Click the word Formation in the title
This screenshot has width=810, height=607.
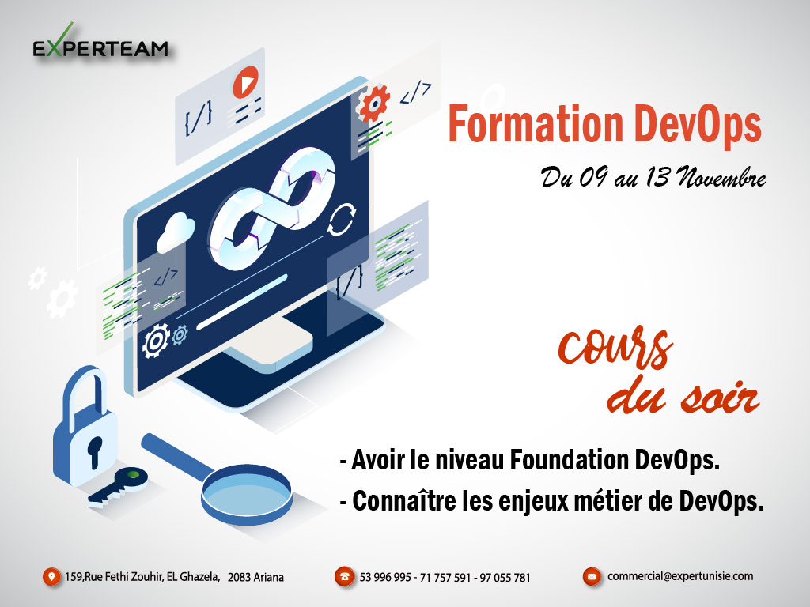coord(536,124)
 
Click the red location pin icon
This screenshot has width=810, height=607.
coord(51,576)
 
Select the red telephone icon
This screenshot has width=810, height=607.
coord(344,576)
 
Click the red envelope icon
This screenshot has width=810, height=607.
coord(592,576)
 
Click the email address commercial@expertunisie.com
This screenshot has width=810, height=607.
coord(679,576)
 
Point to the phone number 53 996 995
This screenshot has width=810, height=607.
coord(385,577)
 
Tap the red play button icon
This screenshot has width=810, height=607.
coord(245,82)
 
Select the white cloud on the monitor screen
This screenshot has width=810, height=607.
coord(176,232)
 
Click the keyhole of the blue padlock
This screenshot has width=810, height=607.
coord(95,451)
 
